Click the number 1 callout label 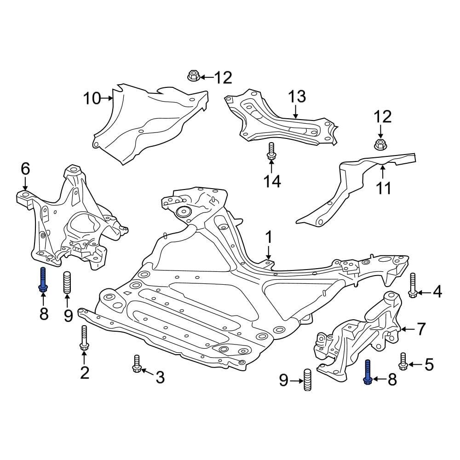[x=268, y=238]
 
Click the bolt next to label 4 [x=413, y=285]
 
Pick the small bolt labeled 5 [x=403, y=361]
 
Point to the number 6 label [x=25, y=169]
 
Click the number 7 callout [x=421, y=329]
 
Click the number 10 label [x=92, y=98]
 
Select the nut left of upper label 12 [x=194, y=75]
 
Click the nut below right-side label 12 [x=380, y=144]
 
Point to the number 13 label [x=297, y=97]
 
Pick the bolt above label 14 [x=271, y=151]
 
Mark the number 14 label [x=271, y=182]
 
